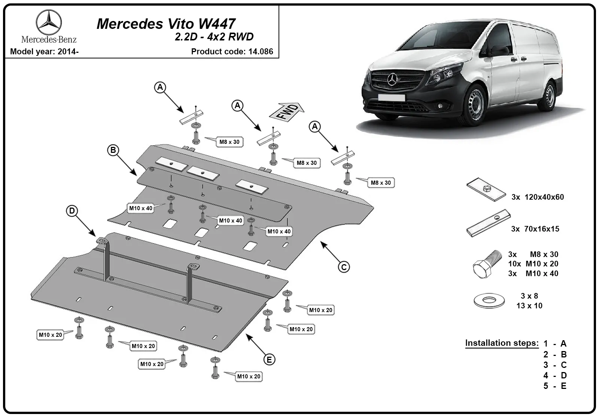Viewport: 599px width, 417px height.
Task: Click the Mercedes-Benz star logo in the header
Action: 49,22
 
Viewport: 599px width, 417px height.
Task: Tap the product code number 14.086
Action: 261,51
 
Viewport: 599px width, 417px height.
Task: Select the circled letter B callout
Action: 113,150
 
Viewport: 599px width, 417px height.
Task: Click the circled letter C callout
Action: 344,267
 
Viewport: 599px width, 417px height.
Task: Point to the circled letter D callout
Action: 72,211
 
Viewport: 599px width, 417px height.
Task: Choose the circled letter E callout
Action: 269,359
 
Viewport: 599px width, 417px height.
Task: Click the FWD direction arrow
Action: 287,112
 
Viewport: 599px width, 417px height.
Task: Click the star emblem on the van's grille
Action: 392,80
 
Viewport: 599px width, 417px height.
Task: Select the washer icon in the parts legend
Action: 489,300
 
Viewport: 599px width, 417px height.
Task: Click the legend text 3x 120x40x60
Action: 538,197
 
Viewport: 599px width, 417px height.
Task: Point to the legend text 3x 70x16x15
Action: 535,229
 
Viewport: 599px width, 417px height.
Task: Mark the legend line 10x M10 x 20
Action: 533,264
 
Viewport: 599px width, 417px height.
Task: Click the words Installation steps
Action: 502,343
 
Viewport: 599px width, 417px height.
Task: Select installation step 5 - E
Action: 555,386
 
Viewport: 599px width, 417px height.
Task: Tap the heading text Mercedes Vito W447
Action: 166,24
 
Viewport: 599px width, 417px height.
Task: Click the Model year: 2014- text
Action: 45,51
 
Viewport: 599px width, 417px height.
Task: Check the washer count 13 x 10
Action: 529,305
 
